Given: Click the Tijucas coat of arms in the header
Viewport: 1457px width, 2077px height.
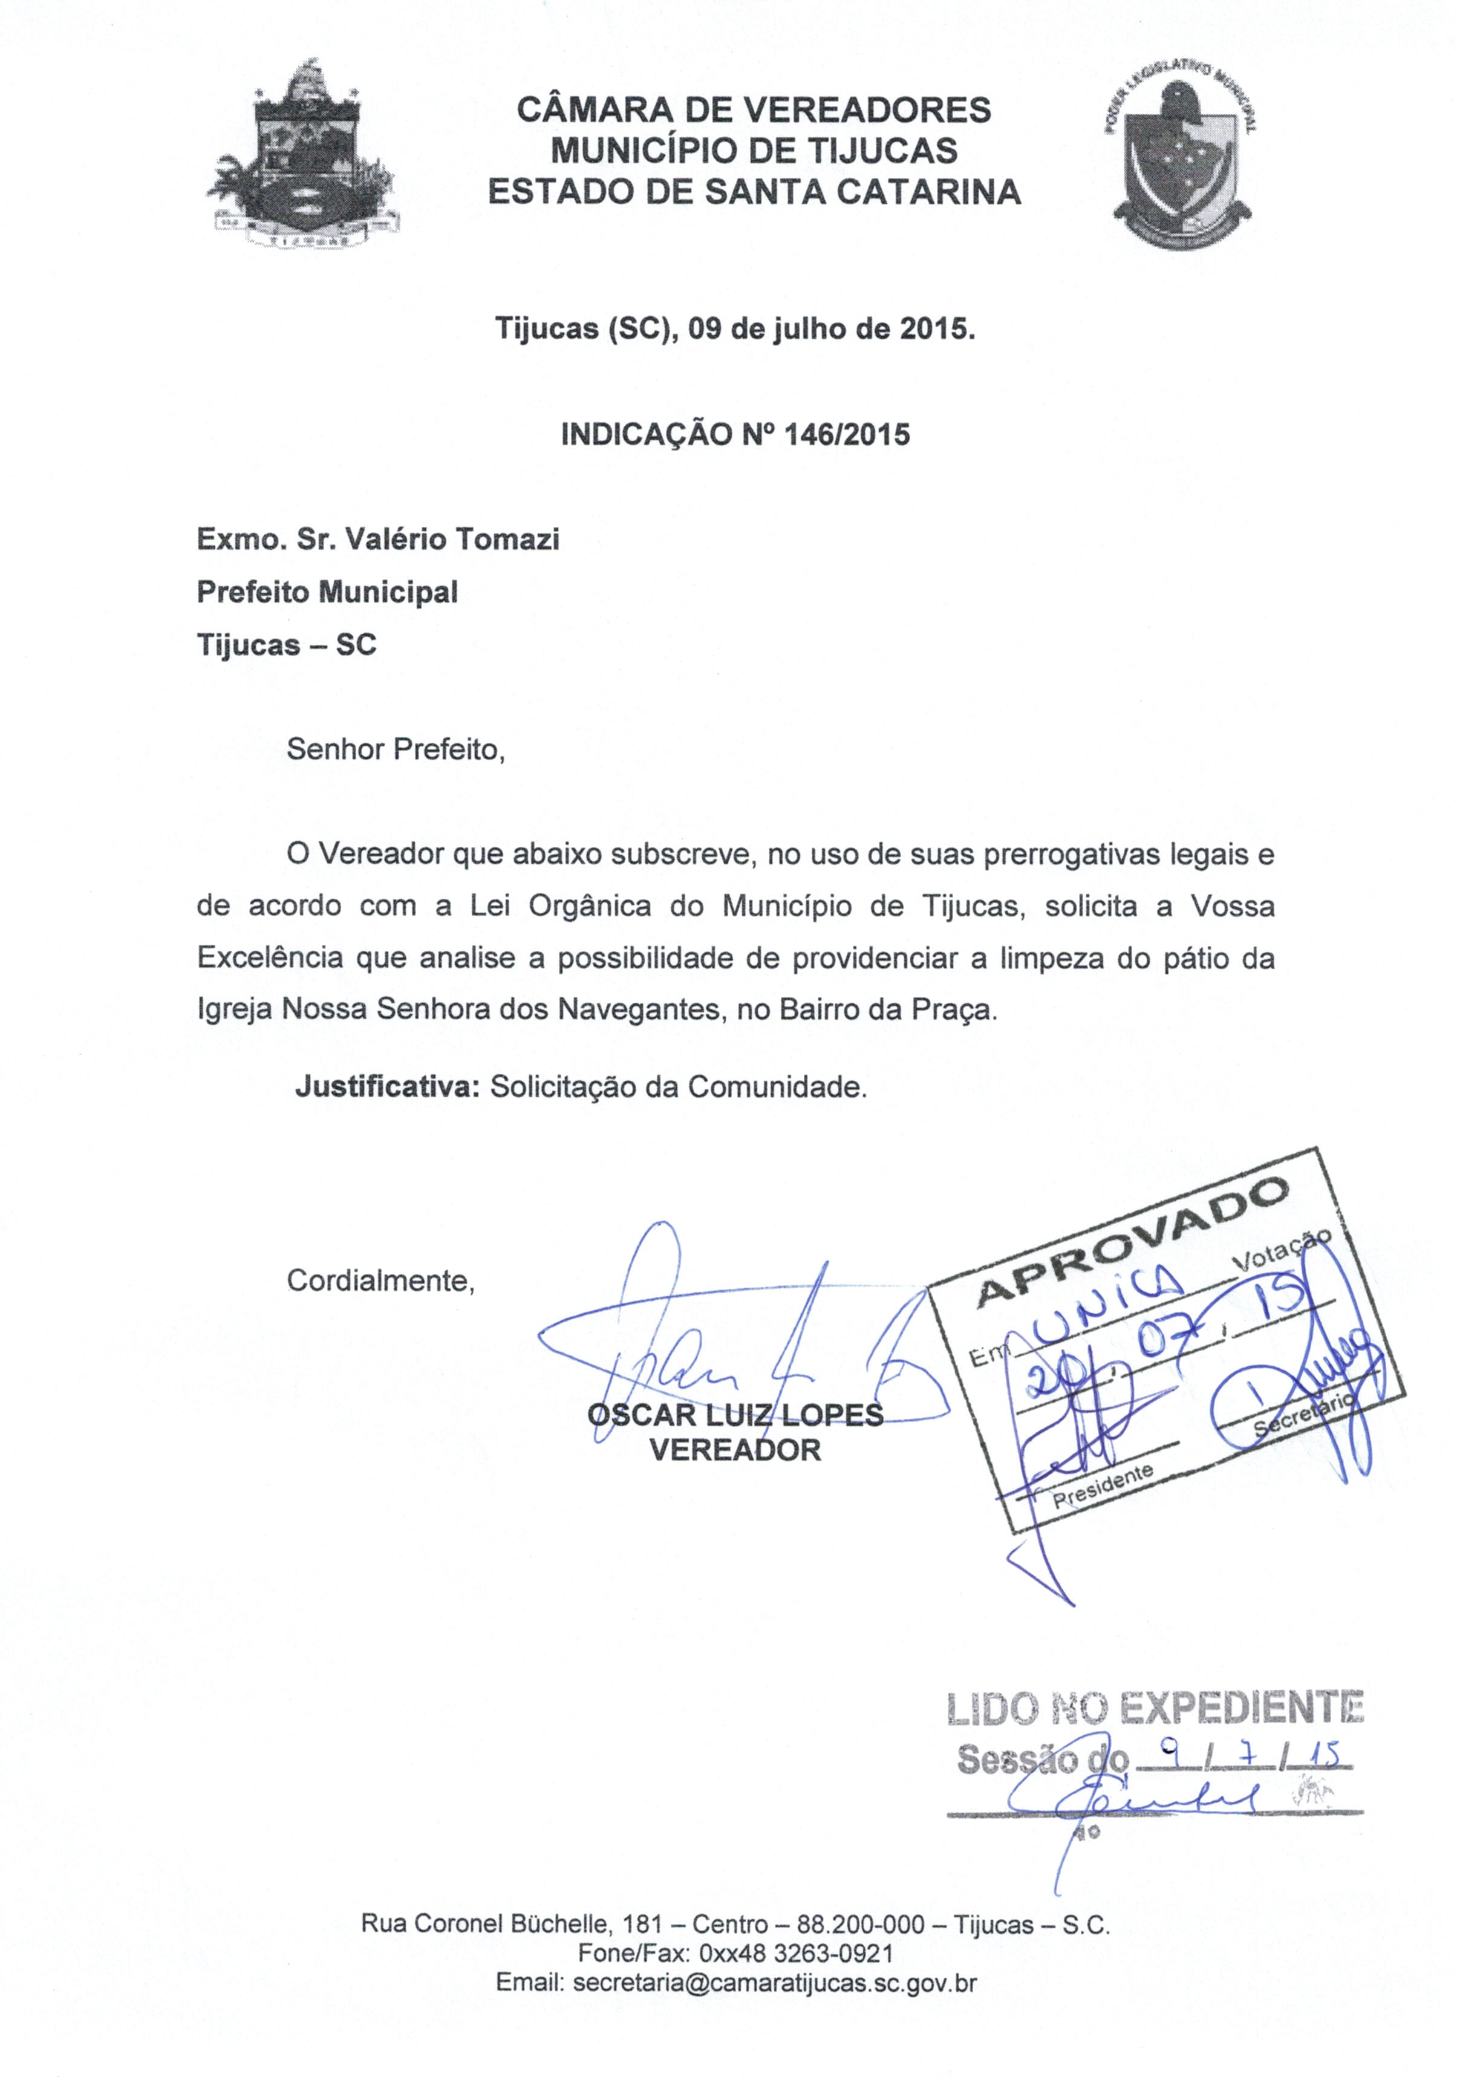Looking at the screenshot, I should [x=304, y=155].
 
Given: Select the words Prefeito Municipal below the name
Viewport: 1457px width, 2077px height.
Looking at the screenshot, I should [x=327, y=593].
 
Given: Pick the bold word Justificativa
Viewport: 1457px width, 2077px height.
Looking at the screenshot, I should [x=387, y=1086].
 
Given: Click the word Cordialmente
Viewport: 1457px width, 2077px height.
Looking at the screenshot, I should [x=380, y=1281].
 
